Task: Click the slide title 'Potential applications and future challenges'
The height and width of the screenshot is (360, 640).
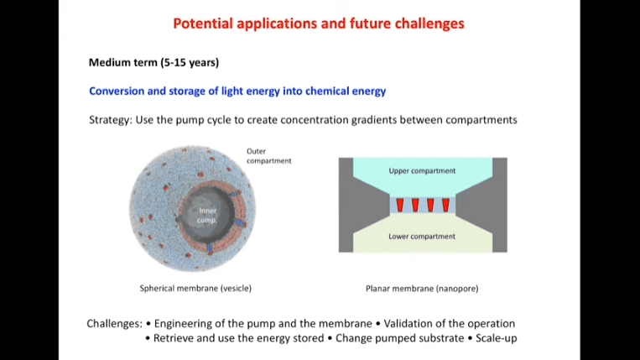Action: pyautogui.click(x=319, y=23)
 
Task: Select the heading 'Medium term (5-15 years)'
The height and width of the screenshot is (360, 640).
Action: pyautogui.click(x=153, y=62)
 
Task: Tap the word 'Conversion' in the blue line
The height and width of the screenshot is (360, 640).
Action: pyautogui.click(x=117, y=91)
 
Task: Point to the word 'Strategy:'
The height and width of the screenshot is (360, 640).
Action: pyautogui.click(x=111, y=120)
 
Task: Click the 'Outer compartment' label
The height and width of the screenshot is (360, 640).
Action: pyautogui.click(x=268, y=156)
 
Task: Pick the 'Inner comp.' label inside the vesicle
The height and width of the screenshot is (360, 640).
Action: pyautogui.click(x=207, y=216)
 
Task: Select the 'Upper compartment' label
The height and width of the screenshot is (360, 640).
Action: pyautogui.click(x=422, y=171)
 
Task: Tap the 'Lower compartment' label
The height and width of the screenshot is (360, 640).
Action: pyautogui.click(x=422, y=237)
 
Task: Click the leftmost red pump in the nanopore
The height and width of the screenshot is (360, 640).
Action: pyautogui.click(x=399, y=206)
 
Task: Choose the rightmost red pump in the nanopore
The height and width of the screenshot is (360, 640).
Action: pyautogui.click(x=445, y=206)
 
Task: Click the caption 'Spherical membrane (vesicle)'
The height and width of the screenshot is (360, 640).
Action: pyautogui.click(x=195, y=289)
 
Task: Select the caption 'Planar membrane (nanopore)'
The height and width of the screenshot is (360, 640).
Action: pyautogui.click(x=422, y=289)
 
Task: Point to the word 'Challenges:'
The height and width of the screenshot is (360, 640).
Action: pyautogui.click(x=114, y=324)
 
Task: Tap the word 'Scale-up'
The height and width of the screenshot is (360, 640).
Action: pyautogui.click(x=497, y=338)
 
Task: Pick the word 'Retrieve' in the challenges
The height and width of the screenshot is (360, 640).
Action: pyautogui.click(x=173, y=338)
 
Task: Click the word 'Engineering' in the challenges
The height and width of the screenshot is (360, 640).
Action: pyautogui.click(x=183, y=324)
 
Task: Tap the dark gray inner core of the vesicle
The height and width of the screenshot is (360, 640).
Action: pyautogui.click(x=207, y=214)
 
